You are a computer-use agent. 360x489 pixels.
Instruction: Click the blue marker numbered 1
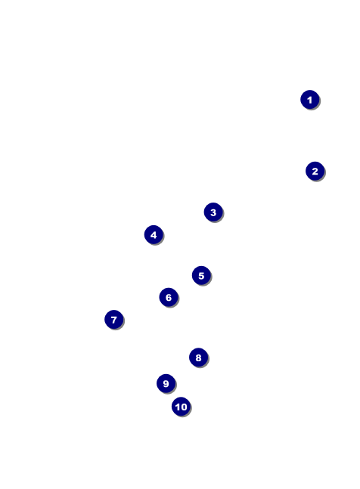[310, 100]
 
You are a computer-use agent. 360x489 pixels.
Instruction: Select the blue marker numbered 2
[315, 172]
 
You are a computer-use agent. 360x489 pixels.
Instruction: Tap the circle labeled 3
[213, 212]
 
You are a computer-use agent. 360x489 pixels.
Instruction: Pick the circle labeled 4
[154, 235]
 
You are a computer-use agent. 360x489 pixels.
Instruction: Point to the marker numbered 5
[201, 276]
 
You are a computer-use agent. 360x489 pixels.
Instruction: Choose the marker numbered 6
[169, 297]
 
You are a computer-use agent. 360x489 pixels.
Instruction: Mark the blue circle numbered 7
[114, 320]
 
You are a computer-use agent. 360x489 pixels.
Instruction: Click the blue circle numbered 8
[198, 357]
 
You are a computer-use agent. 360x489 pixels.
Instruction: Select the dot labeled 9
[166, 384]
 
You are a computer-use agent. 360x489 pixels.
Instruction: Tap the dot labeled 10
[181, 407]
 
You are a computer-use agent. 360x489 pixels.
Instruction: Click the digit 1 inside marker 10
[178, 407]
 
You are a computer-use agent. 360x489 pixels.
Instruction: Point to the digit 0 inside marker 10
[184, 407]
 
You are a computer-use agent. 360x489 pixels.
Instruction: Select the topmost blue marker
[310, 100]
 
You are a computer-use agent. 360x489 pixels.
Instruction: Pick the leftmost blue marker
[114, 320]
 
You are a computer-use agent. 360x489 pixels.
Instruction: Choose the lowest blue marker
[181, 407]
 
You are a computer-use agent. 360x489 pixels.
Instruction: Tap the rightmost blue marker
[315, 172]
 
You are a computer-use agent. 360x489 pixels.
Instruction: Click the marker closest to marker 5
[169, 297]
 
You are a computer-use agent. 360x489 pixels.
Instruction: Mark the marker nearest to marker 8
[166, 384]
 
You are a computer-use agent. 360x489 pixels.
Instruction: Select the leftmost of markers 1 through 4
[154, 235]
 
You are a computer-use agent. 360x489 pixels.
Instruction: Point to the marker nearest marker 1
[315, 172]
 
